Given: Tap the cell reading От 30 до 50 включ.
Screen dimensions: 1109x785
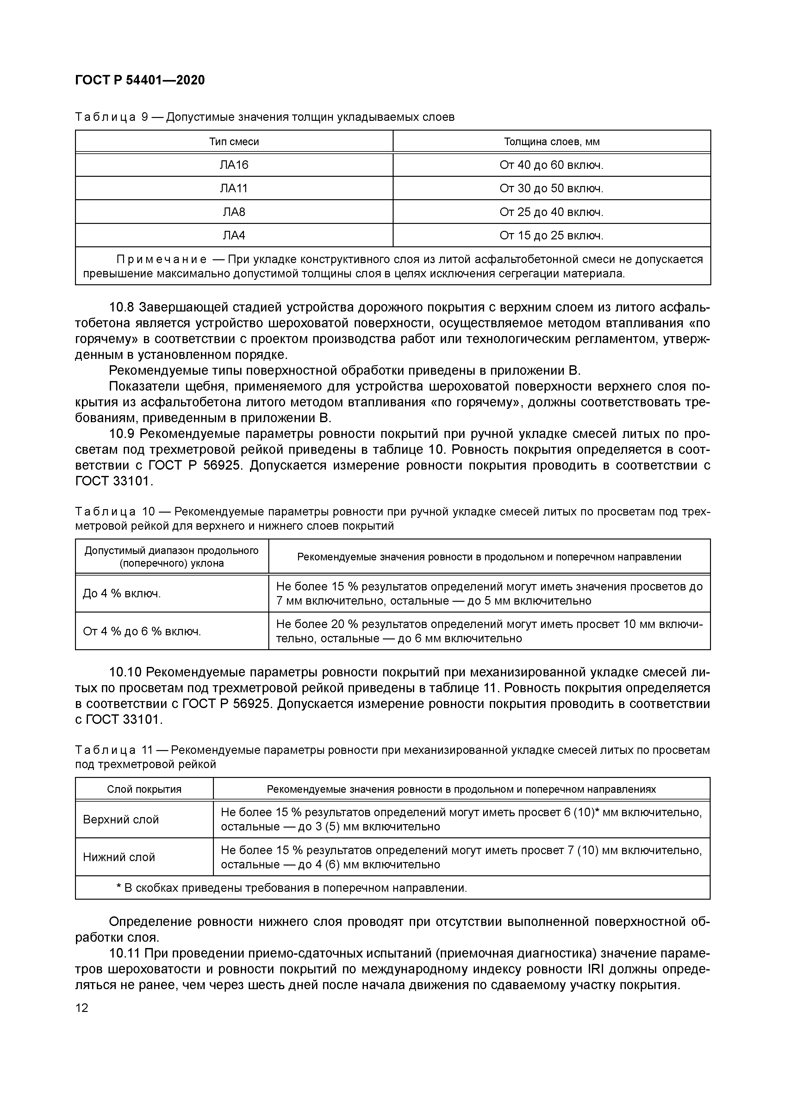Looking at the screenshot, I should coord(551,188).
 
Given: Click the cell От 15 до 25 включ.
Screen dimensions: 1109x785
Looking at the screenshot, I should coord(551,236).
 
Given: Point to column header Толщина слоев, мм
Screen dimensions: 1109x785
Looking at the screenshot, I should coord(551,142).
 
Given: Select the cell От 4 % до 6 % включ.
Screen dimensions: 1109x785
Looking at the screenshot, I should coord(142,631).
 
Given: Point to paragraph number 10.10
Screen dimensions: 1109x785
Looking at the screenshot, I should coord(125,672).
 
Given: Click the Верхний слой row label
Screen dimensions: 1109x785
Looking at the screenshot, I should coord(121,819).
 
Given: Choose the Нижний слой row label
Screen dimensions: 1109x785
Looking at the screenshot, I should coord(119,857).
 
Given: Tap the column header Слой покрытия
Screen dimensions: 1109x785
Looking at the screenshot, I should coord(144,789).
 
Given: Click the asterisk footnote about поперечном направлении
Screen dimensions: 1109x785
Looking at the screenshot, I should coord(292,888).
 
